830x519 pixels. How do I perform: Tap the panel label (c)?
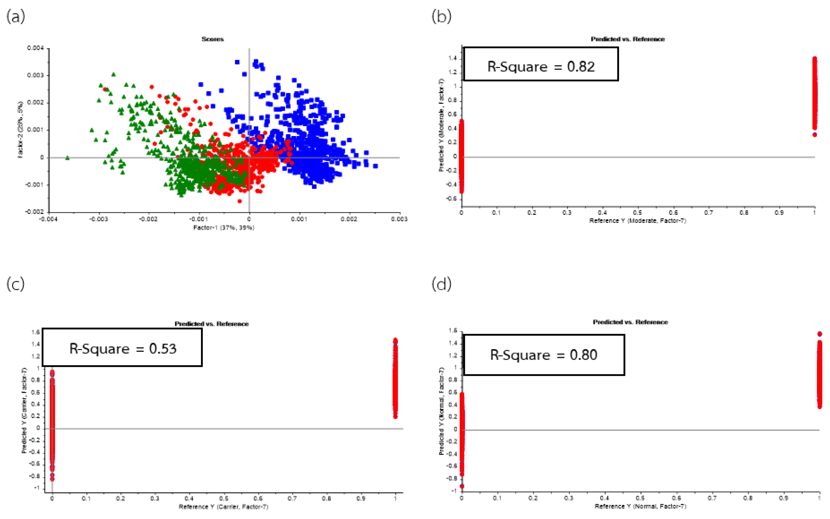point(16,284)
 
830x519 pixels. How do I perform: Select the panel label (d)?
point(441,284)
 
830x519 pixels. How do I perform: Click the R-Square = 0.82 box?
point(541,65)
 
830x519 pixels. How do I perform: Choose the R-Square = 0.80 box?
point(544,355)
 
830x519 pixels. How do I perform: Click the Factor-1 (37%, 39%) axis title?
point(224,228)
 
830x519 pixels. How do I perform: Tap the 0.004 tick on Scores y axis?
point(36,48)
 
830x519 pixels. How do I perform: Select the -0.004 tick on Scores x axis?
point(48,219)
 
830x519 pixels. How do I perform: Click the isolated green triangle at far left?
point(67,158)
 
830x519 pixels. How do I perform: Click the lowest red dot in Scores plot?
point(240,201)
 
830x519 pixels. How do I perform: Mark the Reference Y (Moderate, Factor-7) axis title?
point(637,221)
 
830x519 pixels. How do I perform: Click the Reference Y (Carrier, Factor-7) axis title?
point(223,507)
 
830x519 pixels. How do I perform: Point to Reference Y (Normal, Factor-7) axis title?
point(640,506)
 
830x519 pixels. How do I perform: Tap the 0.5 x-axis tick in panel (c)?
point(224,498)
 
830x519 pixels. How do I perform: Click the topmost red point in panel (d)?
point(819,334)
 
